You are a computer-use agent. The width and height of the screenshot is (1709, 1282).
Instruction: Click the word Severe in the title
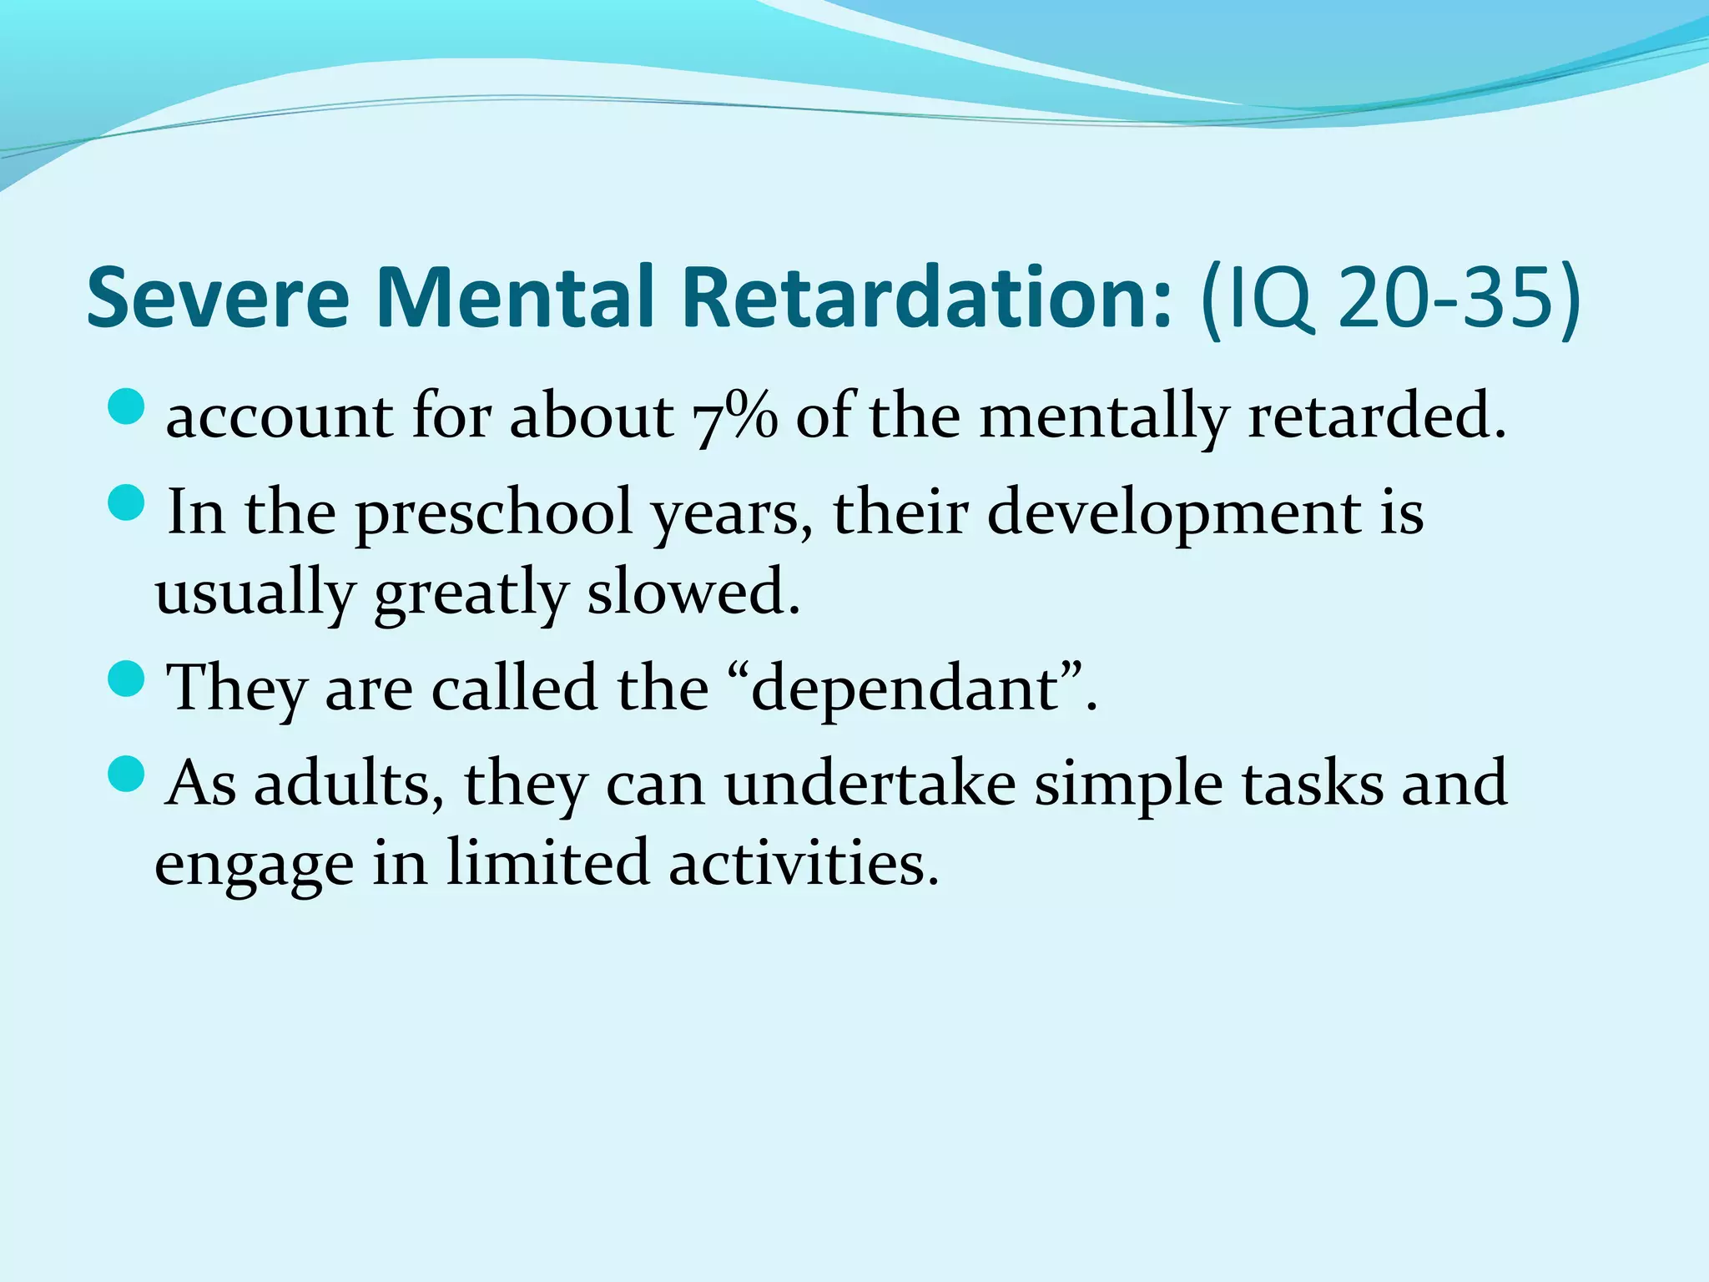(218, 298)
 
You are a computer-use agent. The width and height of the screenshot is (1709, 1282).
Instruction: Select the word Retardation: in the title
(928, 298)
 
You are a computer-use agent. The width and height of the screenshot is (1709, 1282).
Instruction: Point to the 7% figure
(734, 416)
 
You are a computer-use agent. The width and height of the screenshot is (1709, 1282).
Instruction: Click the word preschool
(493, 514)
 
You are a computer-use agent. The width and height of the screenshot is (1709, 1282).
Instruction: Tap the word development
(1173, 514)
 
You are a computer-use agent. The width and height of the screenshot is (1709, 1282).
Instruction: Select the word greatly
(471, 594)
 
